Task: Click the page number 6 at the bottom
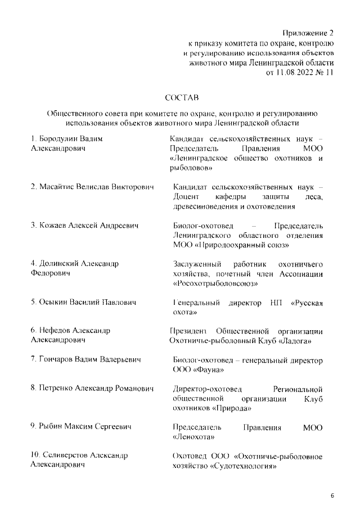coord(332,496)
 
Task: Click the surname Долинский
coord(60,263)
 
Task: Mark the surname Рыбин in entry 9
coord(54,427)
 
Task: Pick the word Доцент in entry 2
coord(186,196)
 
